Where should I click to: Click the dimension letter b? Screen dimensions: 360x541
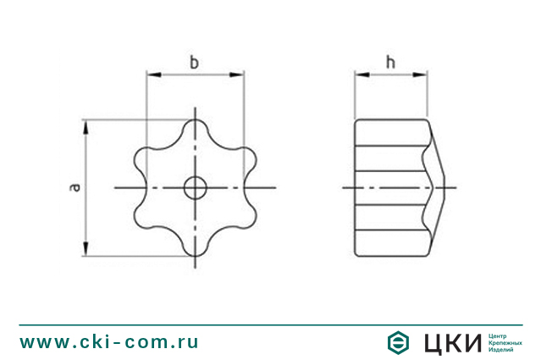tap(195, 62)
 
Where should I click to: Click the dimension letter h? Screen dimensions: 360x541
tap(389, 62)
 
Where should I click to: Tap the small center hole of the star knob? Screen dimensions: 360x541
tap(196, 187)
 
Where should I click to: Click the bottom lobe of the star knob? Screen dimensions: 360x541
tap(196, 245)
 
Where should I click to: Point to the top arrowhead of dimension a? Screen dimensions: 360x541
tap(86, 125)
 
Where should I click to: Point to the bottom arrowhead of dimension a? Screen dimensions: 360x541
tap(86, 249)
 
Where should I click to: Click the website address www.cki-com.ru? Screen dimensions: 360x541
tap(109, 342)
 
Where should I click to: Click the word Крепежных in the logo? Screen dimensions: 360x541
tap(505, 343)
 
